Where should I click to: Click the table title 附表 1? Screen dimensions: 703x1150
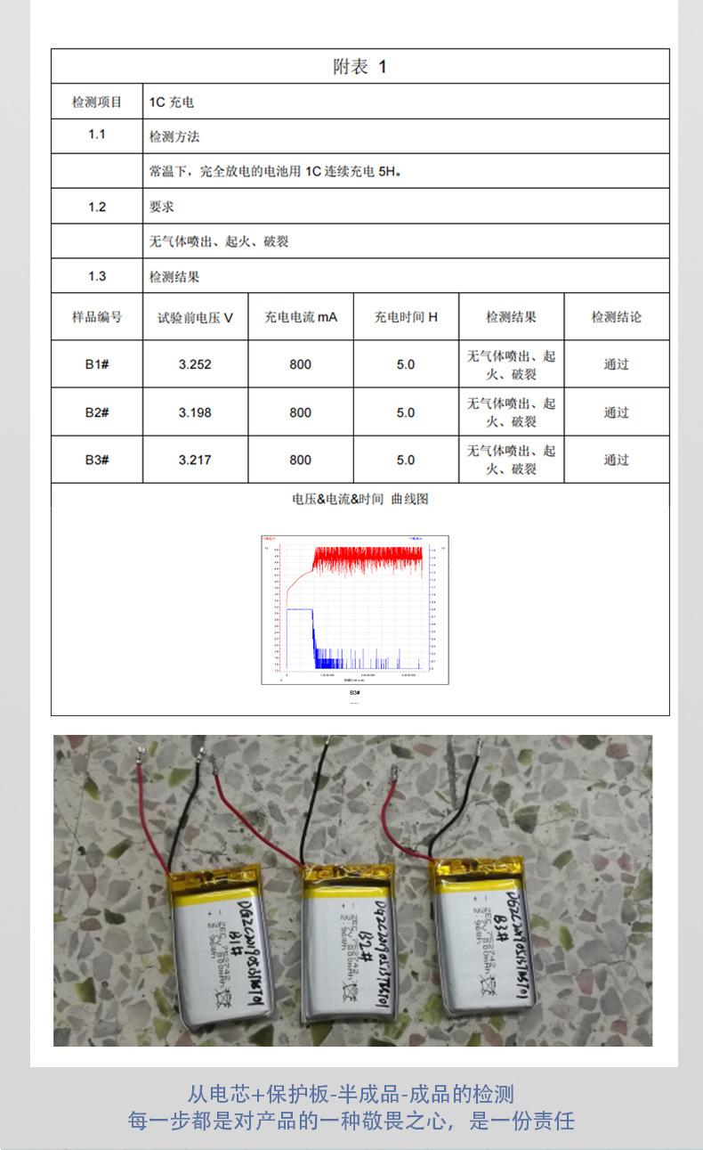(360, 67)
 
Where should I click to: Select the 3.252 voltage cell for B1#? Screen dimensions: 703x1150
(195, 364)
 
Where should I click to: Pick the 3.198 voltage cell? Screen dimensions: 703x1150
(195, 412)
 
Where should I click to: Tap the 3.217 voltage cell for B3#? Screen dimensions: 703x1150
(195, 460)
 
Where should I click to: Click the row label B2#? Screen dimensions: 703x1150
(97, 412)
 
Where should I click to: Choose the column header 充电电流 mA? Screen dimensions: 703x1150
(301, 317)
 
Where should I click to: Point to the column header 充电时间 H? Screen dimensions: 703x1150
(406, 317)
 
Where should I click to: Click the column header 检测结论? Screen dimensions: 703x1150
(616, 317)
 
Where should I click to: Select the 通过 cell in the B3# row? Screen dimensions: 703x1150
(616, 460)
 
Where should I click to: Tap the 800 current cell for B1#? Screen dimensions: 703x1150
(301, 364)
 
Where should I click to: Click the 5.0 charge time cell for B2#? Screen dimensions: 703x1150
(406, 412)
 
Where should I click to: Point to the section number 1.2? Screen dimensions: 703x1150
(97, 207)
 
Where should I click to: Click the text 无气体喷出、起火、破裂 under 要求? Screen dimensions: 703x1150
(219, 241)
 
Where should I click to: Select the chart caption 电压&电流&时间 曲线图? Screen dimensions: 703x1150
(360, 499)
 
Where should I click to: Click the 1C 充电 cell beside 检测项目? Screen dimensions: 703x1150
(171, 102)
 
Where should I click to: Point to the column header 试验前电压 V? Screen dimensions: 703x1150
(195, 317)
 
